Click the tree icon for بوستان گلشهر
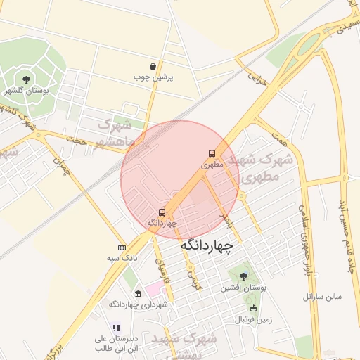point(27,79)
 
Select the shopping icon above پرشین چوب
point(152,66)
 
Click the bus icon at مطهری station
point(212,153)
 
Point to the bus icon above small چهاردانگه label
point(162,212)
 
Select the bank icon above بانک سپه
point(122,247)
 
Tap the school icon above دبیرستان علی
point(116,327)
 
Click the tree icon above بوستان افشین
point(243,276)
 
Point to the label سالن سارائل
point(322,297)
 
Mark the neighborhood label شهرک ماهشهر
point(115,134)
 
